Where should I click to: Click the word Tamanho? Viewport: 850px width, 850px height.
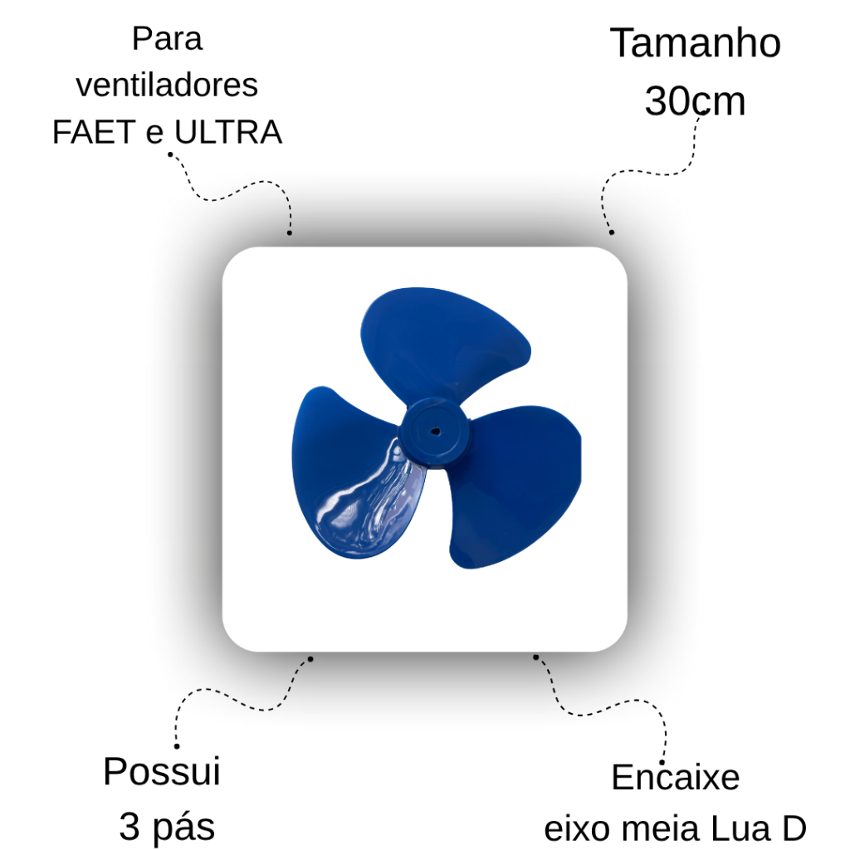click(x=695, y=43)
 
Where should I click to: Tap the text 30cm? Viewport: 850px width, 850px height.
click(x=695, y=100)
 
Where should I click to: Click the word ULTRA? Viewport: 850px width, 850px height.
click(x=228, y=132)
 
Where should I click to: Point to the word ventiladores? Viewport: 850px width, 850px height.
click(x=167, y=85)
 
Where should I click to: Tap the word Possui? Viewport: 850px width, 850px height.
click(x=162, y=771)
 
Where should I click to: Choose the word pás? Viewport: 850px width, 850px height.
click(x=183, y=828)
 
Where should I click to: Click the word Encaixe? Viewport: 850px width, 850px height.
click(x=676, y=777)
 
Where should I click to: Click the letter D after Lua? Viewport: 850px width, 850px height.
click(x=794, y=829)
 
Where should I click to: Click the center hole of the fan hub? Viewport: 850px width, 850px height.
click(x=435, y=432)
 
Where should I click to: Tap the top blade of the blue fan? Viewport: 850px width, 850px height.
click(x=442, y=341)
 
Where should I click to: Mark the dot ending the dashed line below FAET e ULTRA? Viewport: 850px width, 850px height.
click(x=290, y=233)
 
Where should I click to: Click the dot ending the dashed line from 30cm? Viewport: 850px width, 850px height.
click(x=612, y=232)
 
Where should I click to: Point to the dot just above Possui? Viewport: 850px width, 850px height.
click(x=177, y=746)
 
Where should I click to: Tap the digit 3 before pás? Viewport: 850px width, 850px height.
click(x=130, y=826)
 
